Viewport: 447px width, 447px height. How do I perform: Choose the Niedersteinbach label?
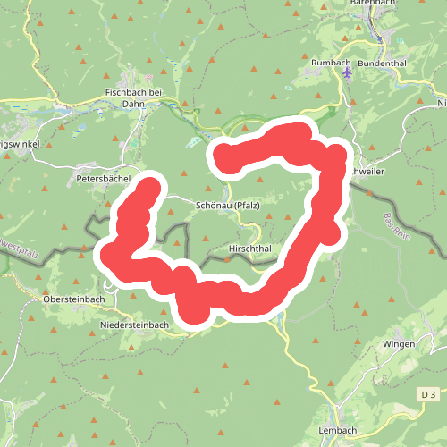pos(134,325)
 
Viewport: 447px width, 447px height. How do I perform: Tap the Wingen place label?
pos(398,343)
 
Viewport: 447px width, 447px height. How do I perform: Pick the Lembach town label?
pos(337,430)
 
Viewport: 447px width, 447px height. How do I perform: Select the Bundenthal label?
pos(382,64)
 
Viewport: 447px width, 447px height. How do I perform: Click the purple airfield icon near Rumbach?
pos(348,72)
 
